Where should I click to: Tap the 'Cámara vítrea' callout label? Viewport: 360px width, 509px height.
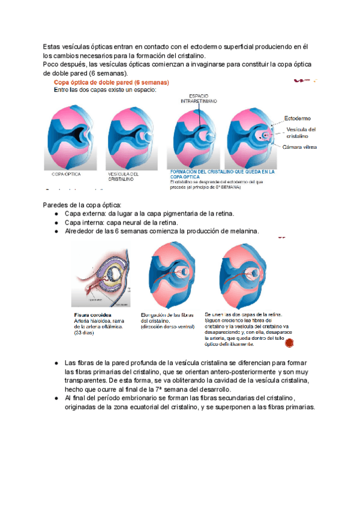pyautogui.click(x=301, y=146)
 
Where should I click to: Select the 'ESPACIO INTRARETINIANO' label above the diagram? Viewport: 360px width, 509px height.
pyautogui.click(x=198, y=98)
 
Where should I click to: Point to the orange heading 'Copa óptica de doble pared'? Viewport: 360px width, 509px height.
pyautogui.click(x=112, y=82)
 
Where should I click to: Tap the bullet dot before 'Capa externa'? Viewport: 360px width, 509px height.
pyautogui.click(x=55, y=214)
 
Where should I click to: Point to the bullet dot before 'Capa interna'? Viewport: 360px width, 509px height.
pyautogui.click(x=55, y=223)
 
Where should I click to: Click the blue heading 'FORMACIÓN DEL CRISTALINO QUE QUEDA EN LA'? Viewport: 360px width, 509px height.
pyautogui.click(x=223, y=171)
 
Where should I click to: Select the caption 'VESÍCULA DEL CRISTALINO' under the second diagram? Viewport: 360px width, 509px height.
pyautogui.click(x=123, y=176)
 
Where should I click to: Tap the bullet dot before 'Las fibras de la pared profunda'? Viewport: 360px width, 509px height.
pyautogui.click(x=55, y=363)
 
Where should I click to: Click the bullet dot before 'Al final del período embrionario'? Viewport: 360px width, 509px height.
pyautogui.click(x=55, y=398)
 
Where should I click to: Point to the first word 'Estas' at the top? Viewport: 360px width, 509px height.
pyautogui.click(x=52, y=46)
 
